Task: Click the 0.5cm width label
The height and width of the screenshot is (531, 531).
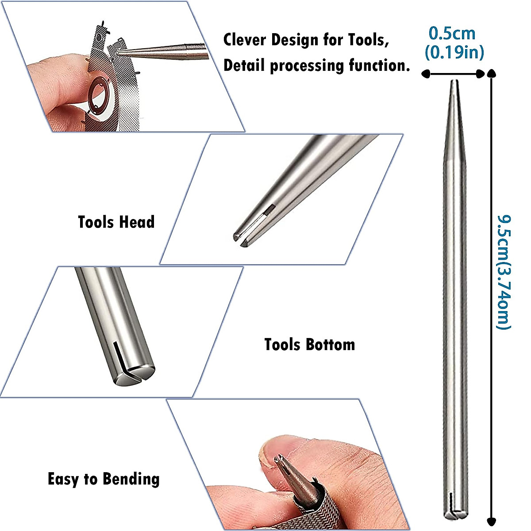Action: (x=452, y=34)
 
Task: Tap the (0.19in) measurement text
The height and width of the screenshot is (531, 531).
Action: (x=454, y=53)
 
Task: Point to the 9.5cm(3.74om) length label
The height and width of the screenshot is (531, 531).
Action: (x=504, y=272)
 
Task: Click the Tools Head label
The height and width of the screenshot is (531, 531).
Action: (x=116, y=222)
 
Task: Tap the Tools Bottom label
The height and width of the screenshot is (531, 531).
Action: (x=309, y=344)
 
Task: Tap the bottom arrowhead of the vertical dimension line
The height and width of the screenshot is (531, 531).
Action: (x=491, y=521)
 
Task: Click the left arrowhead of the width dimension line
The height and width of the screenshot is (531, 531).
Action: (x=426, y=74)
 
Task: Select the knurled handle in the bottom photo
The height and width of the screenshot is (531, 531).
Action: (x=325, y=509)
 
